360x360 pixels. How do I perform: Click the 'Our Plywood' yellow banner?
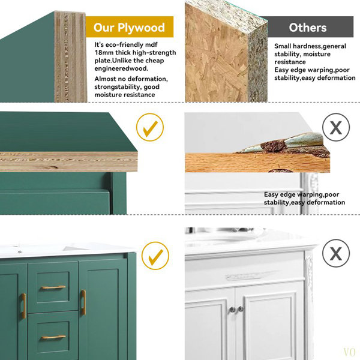pos(130,26)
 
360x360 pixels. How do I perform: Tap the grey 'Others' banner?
pos(308,26)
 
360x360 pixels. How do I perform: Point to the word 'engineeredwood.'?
pos(121,68)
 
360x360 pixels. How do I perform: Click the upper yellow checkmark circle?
pos(150,127)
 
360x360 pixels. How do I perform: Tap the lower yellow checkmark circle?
pos(155,256)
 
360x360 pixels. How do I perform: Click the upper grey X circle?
pos(336,127)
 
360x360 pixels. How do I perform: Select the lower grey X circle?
pos(336,253)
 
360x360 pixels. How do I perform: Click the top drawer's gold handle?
pos(53,287)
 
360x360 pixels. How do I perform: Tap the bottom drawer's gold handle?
pos(53,337)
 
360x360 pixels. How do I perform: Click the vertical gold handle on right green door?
pos(83,302)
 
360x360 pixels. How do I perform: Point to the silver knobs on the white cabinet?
pos(236,310)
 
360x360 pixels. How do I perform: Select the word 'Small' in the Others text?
pos(283,46)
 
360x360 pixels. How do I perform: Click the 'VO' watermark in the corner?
pos(349,352)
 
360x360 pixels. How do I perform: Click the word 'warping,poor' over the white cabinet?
pos(318,194)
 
